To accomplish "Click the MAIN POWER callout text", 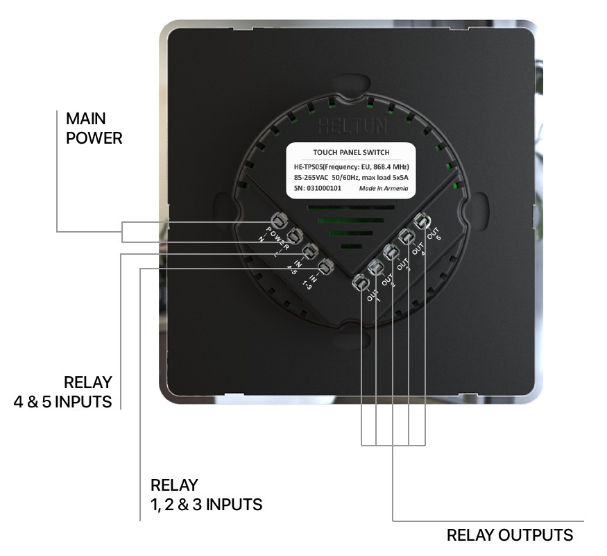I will [94, 128].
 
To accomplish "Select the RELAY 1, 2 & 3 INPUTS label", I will [206, 494].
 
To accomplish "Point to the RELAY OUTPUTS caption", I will [510, 535].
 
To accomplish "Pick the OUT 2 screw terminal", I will [376, 267].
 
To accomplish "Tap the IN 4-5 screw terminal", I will [309, 251].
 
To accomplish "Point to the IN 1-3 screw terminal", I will [324, 267].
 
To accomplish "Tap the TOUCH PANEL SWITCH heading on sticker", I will [352, 153].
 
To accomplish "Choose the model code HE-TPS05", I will [309, 167].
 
